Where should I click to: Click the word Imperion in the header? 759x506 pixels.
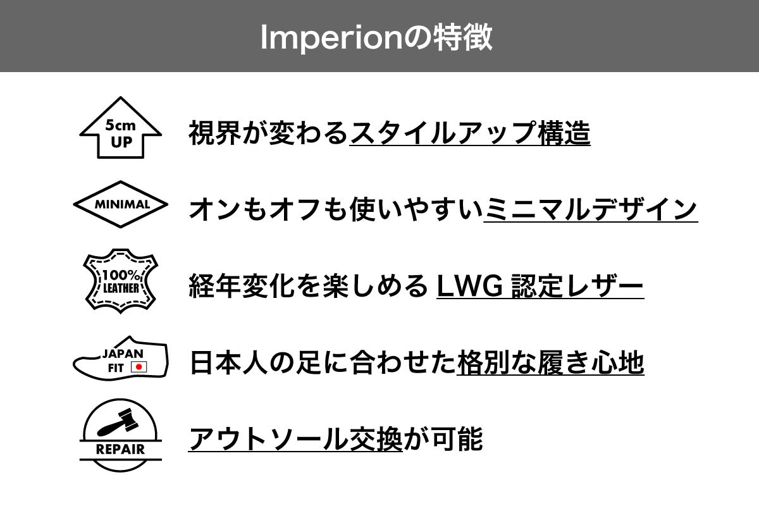tap(331, 38)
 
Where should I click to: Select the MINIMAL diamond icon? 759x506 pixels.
tap(120, 204)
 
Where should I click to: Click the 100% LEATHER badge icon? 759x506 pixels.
tap(121, 281)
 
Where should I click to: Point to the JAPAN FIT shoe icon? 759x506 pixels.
tap(121, 359)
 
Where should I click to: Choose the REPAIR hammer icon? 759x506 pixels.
tap(121, 435)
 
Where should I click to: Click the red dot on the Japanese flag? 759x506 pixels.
tap(139, 367)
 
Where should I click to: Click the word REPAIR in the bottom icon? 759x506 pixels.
tap(120, 450)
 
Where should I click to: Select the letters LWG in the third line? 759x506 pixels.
tap(469, 286)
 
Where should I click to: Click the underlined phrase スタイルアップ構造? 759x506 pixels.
tap(471, 133)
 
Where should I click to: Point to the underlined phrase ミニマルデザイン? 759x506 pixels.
tap(591, 209)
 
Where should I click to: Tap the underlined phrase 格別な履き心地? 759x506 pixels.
tap(550, 362)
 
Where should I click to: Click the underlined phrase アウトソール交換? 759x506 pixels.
tap(295, 439)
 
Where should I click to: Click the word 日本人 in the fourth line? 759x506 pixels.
tap(229, 362)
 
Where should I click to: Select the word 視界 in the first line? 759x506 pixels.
tap(215, 133)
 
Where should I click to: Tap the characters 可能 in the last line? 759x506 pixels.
tap(457, 439)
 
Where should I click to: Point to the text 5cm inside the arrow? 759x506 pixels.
tap(120, 125)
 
